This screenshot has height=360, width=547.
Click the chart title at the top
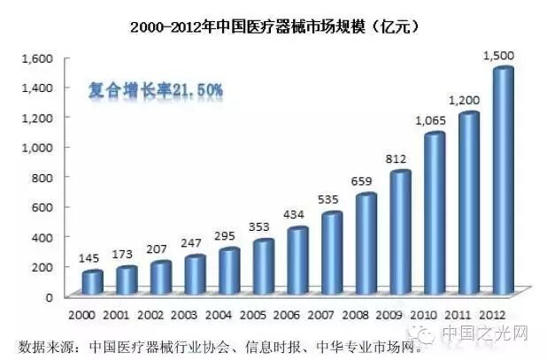[273, 27]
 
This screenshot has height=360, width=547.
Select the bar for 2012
[502, 181]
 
